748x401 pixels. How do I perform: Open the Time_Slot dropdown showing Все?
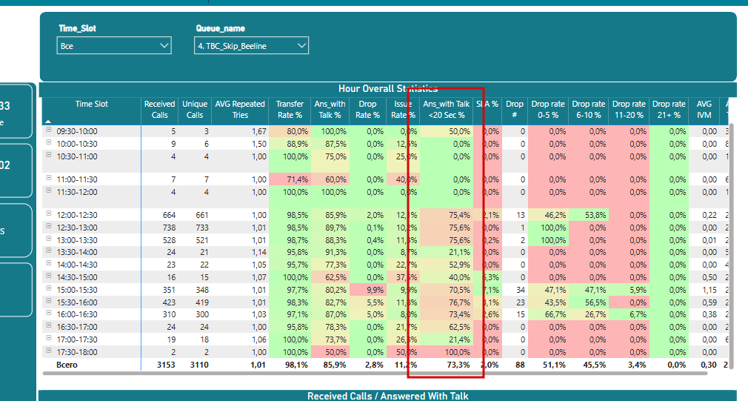click(x=114, y=46)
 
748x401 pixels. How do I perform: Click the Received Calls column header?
click(x=159, y=109)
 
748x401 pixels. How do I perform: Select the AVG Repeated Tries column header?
click(x=239, y=109)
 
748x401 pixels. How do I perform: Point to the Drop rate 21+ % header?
click(x=669, y=109)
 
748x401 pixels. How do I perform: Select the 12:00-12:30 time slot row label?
click(x=76, y=215)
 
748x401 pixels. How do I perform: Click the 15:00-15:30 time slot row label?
click(x=76, y=290)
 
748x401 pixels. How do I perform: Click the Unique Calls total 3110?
click(x=195, y=365)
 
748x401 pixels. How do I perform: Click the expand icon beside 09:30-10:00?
click(x=49, y=130)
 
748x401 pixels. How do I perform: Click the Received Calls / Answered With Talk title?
click(x=387, y=396)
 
